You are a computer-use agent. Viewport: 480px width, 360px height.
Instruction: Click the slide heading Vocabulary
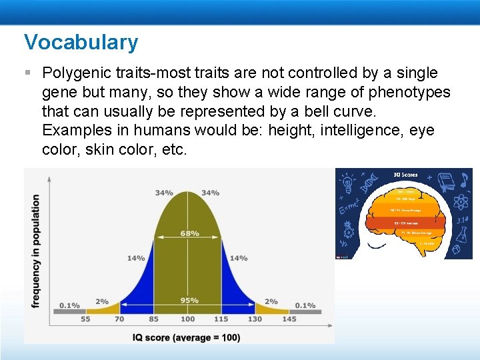(x=81, y=42)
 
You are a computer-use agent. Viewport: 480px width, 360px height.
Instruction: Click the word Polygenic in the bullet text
(x=73, y=73)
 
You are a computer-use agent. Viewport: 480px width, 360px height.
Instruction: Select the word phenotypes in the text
(x=411, y=92)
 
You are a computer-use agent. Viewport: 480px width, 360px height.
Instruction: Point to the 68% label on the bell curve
(x=189, y=233)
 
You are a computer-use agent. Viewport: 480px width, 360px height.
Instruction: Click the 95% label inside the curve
(x=189, y=300)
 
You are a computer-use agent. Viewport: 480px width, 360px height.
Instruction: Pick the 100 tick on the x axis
(x=189, y=319)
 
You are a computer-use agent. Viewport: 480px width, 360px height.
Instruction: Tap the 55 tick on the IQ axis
(x=86, y=319)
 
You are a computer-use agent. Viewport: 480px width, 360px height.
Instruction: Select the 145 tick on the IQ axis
(x=289, y=319)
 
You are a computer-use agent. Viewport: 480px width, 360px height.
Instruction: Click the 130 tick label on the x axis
(x=255, y=319)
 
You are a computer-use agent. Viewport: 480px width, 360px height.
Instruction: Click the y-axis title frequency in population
(x=35, y=251)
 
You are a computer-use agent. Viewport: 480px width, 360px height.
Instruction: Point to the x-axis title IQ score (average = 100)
(x=185, y=337)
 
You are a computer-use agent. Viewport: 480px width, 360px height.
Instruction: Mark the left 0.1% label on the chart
(x=69, y=305)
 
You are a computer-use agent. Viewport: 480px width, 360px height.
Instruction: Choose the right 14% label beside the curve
(x=239, y=258)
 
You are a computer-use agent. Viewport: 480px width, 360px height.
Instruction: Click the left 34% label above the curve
(x=164, y=193)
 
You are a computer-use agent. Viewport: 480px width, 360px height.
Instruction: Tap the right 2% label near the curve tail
(x=271, y=301)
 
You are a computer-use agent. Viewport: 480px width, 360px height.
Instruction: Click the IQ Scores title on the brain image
(x=405, y=175)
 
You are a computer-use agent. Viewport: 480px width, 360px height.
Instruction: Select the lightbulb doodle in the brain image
(x=349, y=181)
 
